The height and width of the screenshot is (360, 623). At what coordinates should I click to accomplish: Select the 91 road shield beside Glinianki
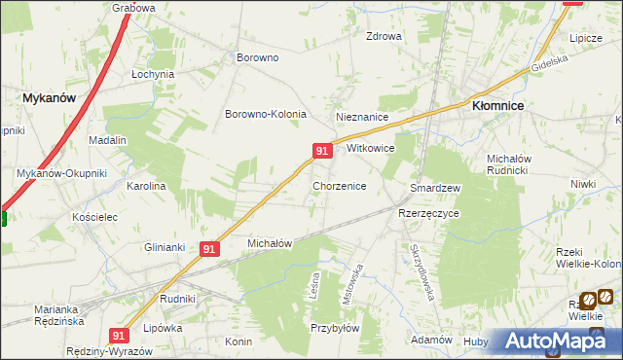tap(209, 249)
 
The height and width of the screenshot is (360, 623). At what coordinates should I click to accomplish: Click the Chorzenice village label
tap(339, 185)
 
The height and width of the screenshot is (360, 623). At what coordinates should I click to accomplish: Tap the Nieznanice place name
tap(362, 117)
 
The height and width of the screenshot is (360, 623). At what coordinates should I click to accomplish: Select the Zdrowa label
tap(384, 37)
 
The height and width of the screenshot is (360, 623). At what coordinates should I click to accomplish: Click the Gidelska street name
tap(549, 65)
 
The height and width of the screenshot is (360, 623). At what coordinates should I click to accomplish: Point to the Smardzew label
tap(435, 187)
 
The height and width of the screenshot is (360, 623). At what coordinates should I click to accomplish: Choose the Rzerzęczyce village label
tap(428, 212)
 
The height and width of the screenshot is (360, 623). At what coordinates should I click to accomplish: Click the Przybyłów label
tap(335, 329)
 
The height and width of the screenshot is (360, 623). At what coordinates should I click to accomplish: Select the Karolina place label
tap(147, 185)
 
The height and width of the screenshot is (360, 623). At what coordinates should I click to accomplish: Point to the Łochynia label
tap(153, 74)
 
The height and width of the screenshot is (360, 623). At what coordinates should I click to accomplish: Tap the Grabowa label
tap(133, 8)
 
